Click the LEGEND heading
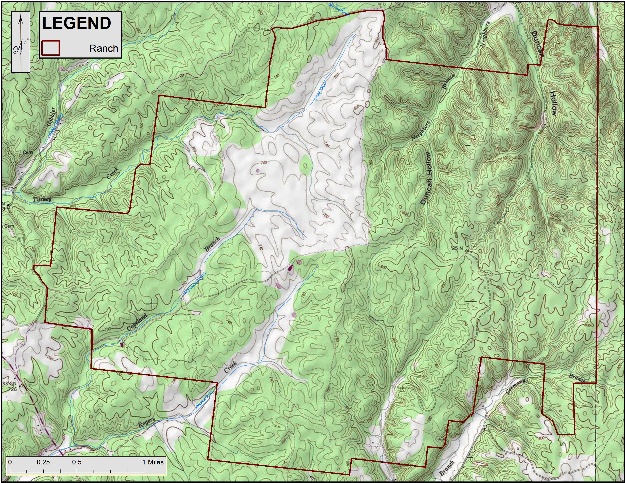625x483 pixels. point(76,23)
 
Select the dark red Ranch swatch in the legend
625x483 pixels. point(50,48)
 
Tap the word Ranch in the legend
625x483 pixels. point(104,48)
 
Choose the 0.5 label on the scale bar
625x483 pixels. point(77,462)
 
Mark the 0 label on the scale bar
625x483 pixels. point(10,462)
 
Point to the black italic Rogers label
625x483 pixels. point(146,423)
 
